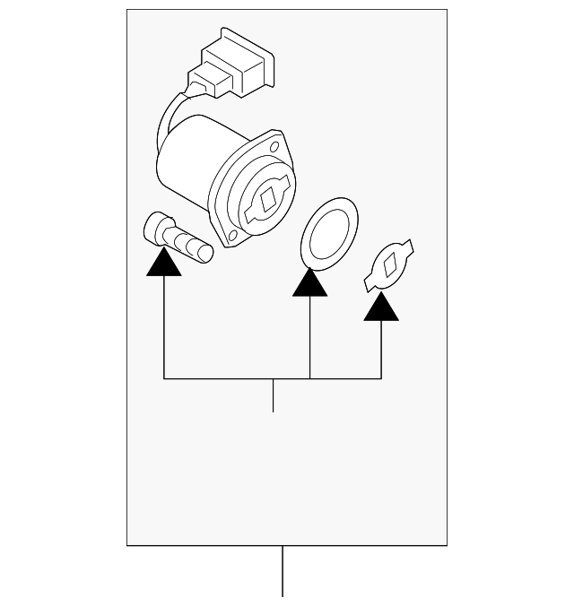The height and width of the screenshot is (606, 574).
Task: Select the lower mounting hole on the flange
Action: pyautogui.click(x=232, y=236)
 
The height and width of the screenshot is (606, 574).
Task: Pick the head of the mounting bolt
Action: pyautogui.click(x=157, y=229)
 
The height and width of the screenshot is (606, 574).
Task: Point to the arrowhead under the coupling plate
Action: pyautogui.click(x=381, y=306)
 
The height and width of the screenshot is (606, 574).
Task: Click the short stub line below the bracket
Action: pyautogui.click(x=273, y=395)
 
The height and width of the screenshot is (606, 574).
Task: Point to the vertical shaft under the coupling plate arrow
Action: pyautogui.click(x=381, y=350)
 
